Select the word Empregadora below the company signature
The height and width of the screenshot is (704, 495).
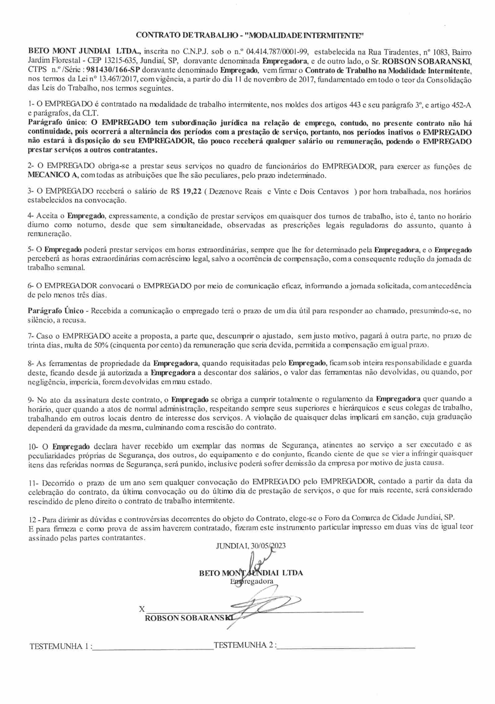252,581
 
